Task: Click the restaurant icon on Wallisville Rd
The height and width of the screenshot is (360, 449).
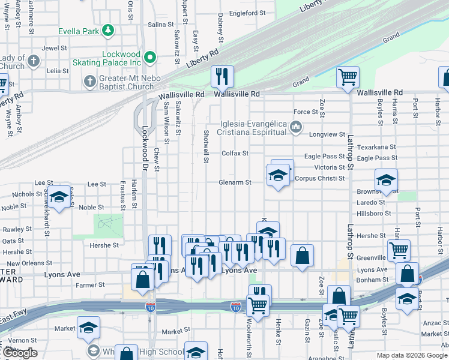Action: (222, 76)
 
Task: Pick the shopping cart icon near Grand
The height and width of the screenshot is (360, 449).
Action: (347, 77)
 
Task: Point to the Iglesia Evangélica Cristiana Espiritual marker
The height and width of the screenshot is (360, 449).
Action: (295, 127)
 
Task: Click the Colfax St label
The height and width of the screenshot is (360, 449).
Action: (235, 154)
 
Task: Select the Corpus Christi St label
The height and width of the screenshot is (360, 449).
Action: (321, 178)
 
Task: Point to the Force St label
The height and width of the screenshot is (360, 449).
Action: (306, 112)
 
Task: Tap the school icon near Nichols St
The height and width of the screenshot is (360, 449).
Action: (58, 197)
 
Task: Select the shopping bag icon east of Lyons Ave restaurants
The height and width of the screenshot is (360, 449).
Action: (303, 255)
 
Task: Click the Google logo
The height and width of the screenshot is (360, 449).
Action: (19, 353)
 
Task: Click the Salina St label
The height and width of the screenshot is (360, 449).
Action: (160, 25)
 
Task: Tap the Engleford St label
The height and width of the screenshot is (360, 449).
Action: (247, 13)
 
